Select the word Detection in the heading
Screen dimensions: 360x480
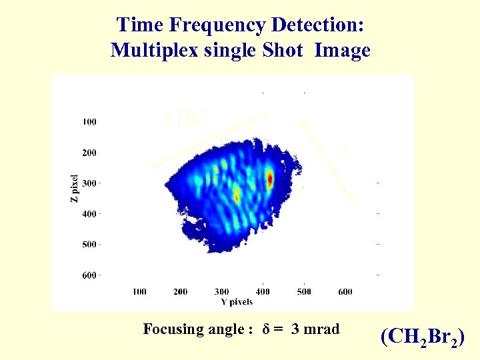point(319,25)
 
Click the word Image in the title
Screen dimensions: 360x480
point(343,51)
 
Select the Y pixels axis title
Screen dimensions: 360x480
point(237,301)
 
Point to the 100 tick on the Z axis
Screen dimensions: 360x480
point(89,122)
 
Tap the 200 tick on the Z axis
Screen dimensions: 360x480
point(89,153)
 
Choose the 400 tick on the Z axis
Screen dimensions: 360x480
point(89,214)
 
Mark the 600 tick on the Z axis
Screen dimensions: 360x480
point(89,275)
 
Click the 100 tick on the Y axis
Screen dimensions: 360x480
point(139,291)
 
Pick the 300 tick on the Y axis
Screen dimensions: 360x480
point(221,291)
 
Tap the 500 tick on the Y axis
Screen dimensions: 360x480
point(303,291)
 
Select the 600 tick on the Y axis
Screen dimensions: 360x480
point(345,291)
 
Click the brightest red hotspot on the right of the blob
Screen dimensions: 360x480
point(269,179)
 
